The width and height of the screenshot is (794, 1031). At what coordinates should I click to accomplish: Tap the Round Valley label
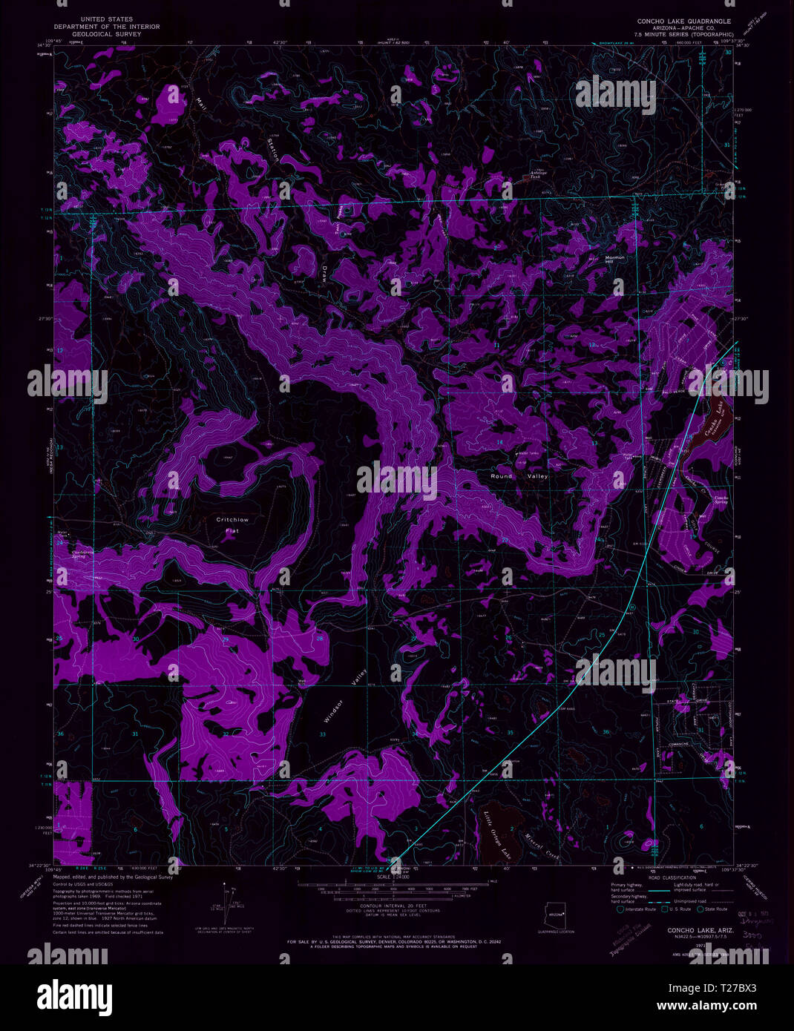(519, 476)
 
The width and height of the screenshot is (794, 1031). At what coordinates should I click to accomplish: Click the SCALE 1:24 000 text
(393, 877)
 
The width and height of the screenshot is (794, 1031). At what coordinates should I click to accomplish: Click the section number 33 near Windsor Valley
(323, 734)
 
